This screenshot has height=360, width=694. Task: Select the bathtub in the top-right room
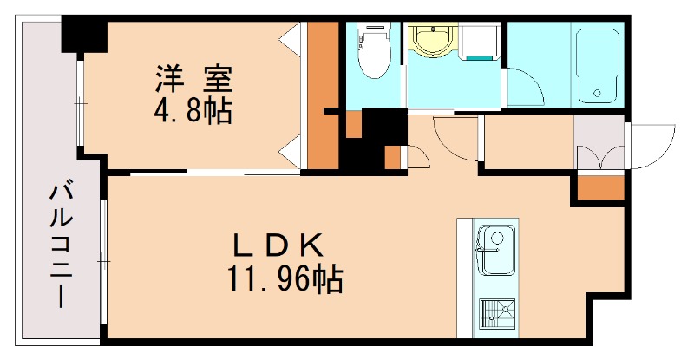[x=596, y=65]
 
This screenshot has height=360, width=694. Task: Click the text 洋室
[x=193, y=80]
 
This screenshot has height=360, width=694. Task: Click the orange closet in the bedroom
[x=323, y=95]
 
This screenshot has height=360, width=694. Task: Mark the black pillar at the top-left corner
[x=83, y=36]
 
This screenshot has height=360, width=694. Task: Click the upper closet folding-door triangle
[x=291, y=38]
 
